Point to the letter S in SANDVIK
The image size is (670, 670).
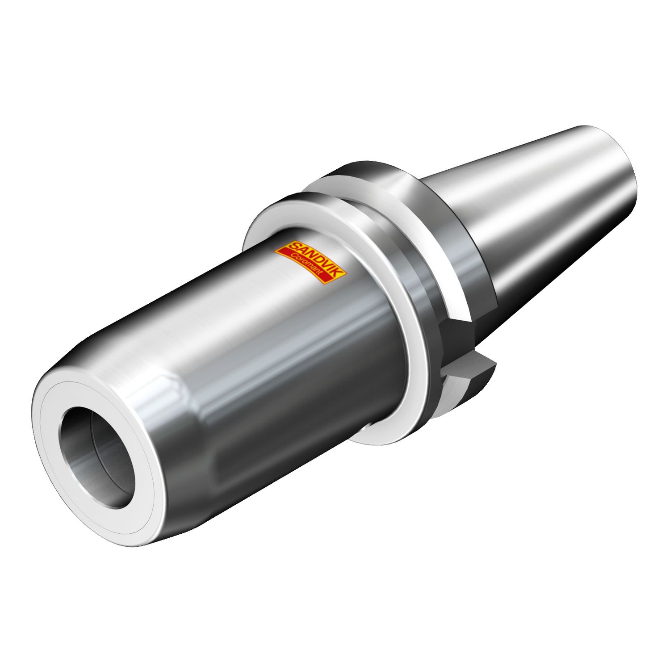(x=294, y=246)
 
